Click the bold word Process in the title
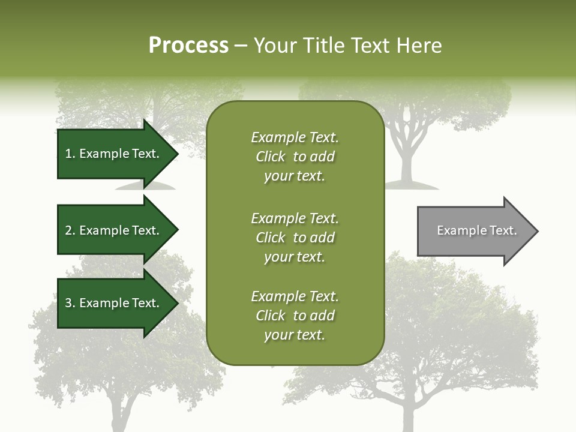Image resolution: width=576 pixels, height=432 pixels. pyautogui.click(x=188, y=45)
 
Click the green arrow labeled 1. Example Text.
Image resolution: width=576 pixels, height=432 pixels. pyautogui.click(x=114, y=154)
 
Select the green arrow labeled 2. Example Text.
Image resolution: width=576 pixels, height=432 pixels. pyautogui.click(x=114, y=230)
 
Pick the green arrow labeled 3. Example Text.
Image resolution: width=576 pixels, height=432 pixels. pyautogui.click(x=114, y=303)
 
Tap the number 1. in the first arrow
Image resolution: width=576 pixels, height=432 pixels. pyautogui.click(x=70, y=154)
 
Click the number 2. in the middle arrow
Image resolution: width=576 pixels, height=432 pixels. pyautogui.click(x=70, y=230)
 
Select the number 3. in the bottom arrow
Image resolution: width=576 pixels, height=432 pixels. pyautogui.click(x=70, y=303)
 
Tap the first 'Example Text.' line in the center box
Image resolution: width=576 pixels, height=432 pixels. pyautogui.click(x=295, y=137)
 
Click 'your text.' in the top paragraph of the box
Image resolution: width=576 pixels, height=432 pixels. pyautogui.click(x=295, y=176)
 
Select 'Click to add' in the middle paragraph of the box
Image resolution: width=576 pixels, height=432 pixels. pyautogui.click(x=295, y=238)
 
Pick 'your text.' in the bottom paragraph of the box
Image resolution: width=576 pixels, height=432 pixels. pyautogui.click(x=295, y=335)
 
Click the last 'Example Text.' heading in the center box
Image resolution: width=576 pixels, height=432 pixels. pyautogui.click(x=295, y=296)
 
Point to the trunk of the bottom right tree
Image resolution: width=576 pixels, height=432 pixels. pyautogui.click(x=407, y=414)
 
